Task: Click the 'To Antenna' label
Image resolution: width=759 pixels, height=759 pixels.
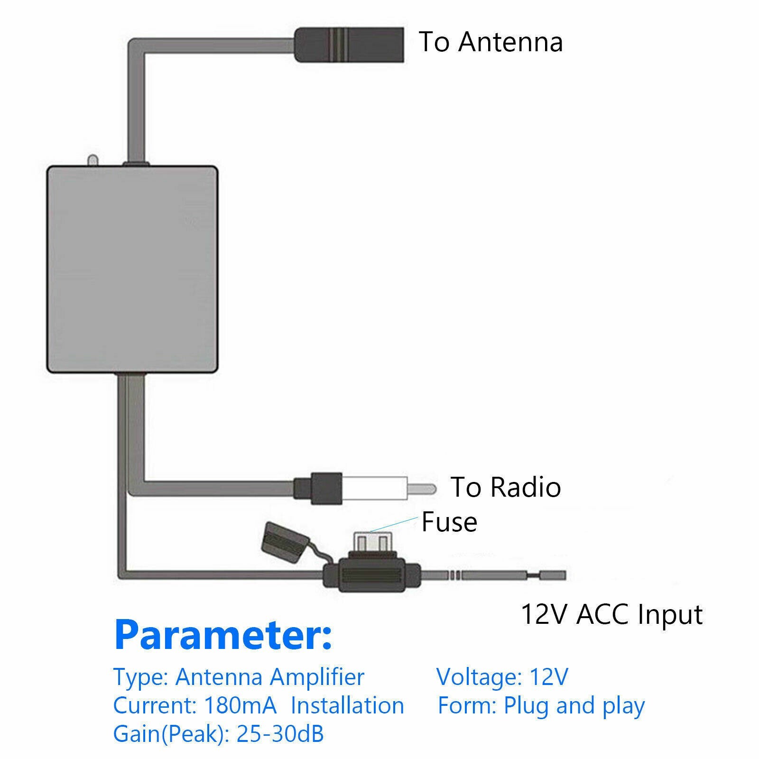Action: (x=491, y=42)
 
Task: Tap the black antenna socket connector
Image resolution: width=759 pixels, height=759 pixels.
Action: (x=349, y=45)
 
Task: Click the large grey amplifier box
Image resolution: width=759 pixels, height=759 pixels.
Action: (x=132, y=269)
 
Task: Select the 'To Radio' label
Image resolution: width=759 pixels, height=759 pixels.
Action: (x=505, y=487)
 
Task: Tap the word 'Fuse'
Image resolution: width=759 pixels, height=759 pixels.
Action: (x=449, y=522)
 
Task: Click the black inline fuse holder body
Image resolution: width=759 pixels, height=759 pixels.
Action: (x=371, y=575)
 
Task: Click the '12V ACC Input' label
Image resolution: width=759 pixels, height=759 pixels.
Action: (x=611, y=614)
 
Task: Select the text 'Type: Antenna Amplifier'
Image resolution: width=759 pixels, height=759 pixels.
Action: (x=239, y=677)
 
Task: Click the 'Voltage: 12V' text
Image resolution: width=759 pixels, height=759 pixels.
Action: (x=502, y=677)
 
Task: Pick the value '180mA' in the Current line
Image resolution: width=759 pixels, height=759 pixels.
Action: (x=240, y=705)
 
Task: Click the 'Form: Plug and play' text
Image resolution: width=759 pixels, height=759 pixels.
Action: (x=541, y=705)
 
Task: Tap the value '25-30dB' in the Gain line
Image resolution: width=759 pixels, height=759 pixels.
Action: (x=280, y=734)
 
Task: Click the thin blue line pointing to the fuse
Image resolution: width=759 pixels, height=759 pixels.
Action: (x=394, y=525)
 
